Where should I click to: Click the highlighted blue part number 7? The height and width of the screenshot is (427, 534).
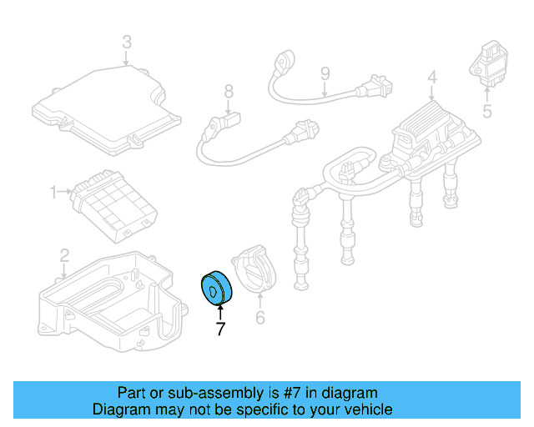click(217, 289)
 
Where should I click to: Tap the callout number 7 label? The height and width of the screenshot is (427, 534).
click(220, 329)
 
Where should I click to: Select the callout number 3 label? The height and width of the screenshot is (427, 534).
click(126, 42)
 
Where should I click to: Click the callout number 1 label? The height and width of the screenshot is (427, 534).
click(54, 193)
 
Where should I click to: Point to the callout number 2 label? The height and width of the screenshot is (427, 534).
click(64, 254)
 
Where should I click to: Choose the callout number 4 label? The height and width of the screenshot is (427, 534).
click(432, 78)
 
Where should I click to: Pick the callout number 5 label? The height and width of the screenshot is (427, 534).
click(488, 108)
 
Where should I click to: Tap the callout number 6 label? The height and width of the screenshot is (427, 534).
click(259, 318)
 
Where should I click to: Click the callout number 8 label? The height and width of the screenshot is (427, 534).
click(228, 92)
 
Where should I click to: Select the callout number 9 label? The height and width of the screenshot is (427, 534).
click(325, 74)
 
